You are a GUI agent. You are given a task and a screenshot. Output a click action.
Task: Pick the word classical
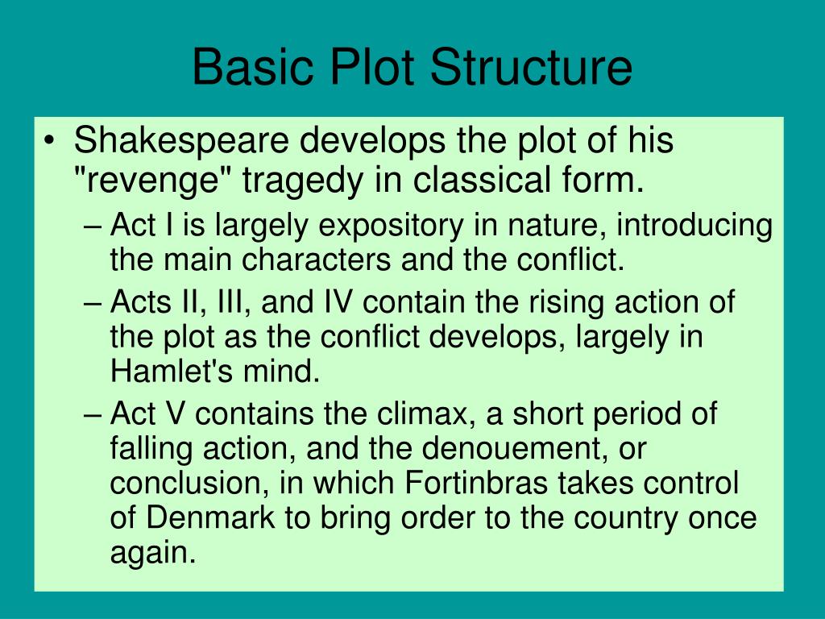(480, 181)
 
